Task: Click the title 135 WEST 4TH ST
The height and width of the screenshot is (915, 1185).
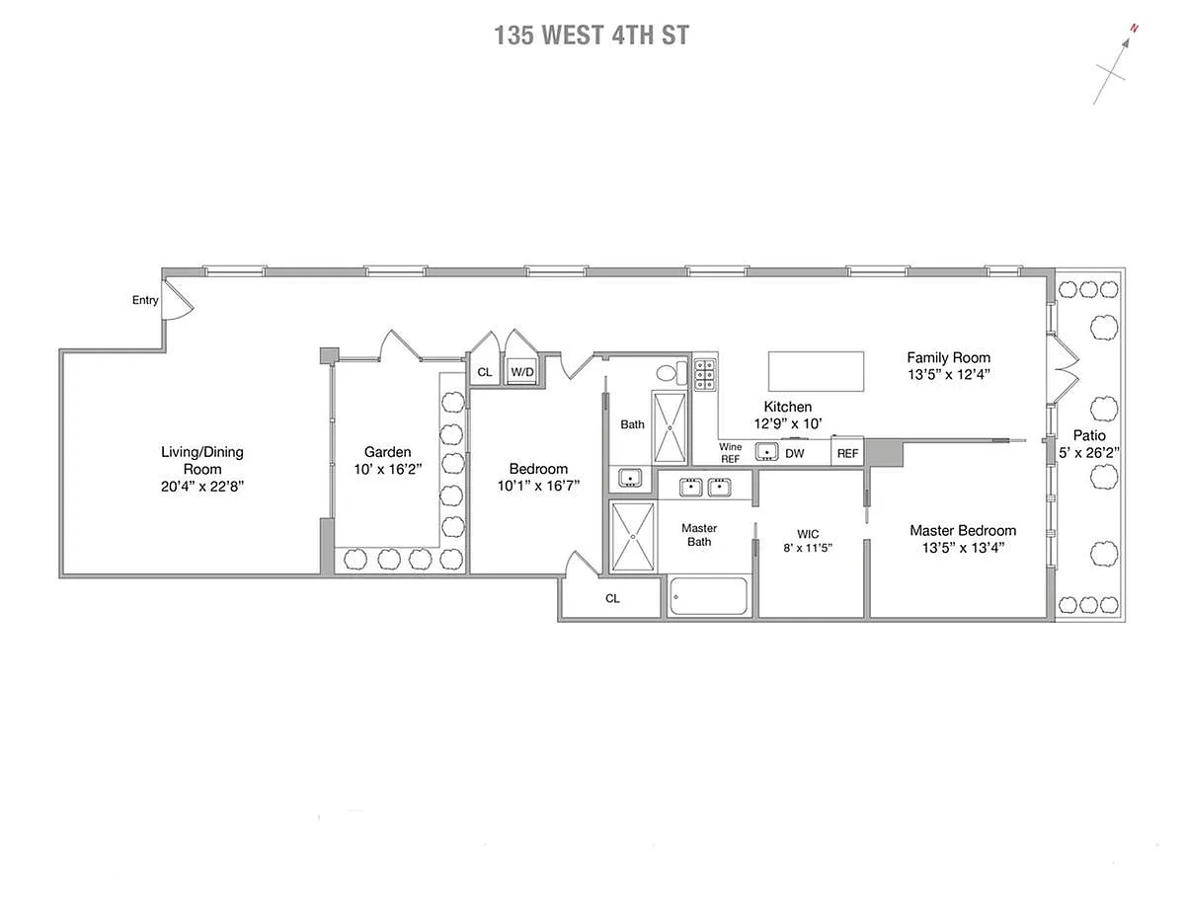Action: [592, 36]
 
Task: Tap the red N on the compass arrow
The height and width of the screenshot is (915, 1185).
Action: [1134, 29]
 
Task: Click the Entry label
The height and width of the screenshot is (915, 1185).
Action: [145, 300]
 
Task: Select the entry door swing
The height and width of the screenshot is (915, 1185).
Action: [180, 300]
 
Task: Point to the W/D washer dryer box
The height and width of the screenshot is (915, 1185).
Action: [521, 372]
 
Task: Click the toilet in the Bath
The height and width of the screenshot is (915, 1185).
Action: [672, 372]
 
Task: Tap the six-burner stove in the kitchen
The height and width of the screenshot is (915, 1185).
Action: [704, 374]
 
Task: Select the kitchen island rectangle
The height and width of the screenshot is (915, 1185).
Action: [816, 371]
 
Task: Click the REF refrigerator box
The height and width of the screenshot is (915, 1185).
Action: [847, 452]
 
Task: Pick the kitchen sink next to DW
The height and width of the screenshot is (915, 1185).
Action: [766, 452]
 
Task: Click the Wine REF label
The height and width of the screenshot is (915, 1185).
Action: [730, 453]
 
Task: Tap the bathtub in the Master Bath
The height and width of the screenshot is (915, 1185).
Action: [708, 597]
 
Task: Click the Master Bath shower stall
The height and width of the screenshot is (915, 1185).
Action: [633, 537]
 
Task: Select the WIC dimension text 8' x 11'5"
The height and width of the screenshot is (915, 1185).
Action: [808, 548]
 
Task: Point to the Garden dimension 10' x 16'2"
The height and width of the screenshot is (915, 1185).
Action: [388, 470]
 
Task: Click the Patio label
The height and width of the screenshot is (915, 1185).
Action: [1089, 435]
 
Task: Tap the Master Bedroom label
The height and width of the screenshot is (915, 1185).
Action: [963, 530]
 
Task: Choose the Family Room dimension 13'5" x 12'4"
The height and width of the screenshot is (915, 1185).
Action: [949, 375]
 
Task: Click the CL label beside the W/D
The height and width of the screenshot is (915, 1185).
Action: [485, 373]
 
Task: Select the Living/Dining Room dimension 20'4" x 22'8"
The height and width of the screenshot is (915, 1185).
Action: [202, 487]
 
